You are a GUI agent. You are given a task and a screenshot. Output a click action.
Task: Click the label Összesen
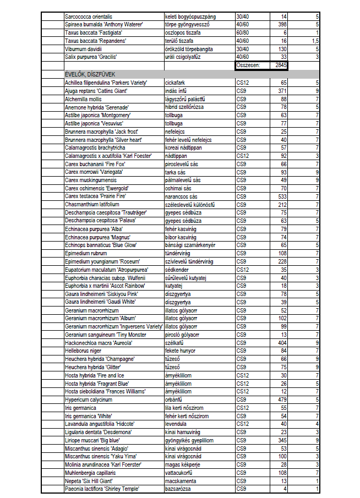pos(248,65)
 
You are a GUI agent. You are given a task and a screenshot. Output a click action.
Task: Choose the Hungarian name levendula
pos(177,424)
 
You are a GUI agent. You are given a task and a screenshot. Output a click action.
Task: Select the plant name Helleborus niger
pos(84,351)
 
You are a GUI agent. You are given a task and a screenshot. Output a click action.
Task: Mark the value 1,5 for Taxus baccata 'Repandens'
pos(315,41)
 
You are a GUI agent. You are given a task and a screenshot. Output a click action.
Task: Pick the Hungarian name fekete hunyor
pos(181,351)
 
